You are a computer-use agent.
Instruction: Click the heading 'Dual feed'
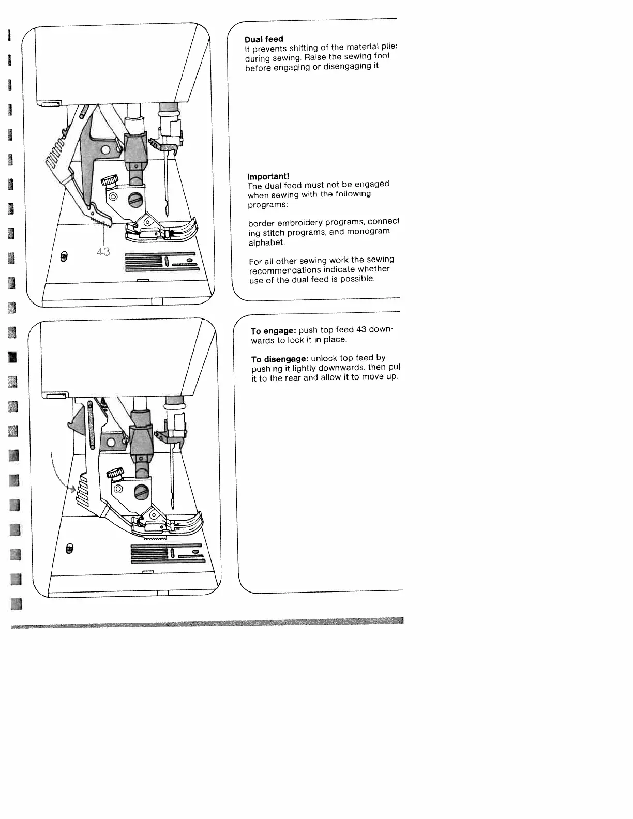point(264,39)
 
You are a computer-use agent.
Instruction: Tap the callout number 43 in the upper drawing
point(103,252)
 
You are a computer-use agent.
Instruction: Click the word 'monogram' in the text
point(368,232)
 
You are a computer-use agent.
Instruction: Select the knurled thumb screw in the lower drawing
point(115,473)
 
